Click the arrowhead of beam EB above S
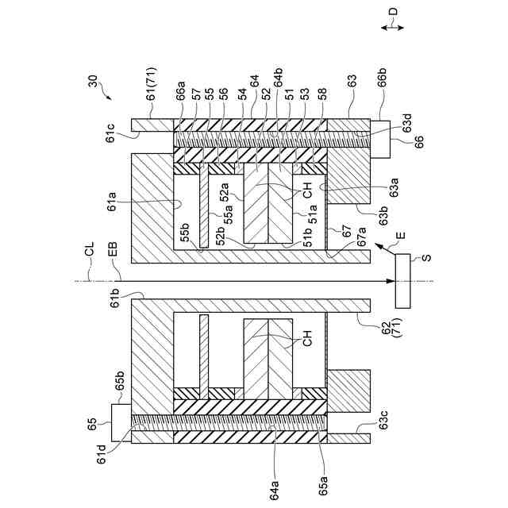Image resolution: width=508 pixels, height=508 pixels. (391, 280)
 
